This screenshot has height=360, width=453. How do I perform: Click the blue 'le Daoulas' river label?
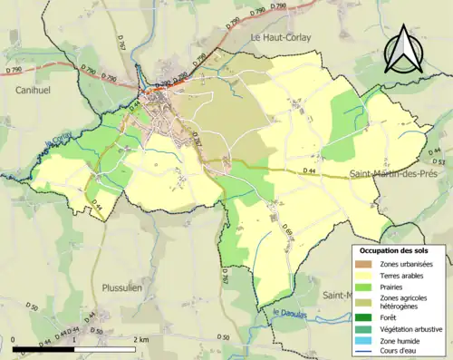coord(291,315)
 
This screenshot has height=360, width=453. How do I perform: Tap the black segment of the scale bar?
coord(44,348)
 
